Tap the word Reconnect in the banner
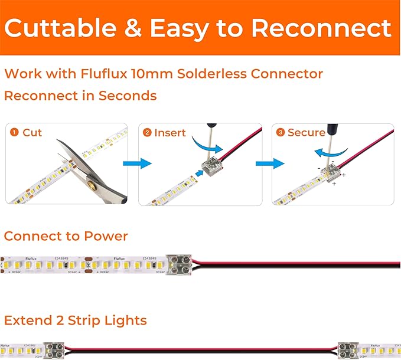click(319, 28)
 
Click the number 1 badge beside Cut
click(14, 133)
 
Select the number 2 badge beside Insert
click(146, 133)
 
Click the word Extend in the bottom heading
click(28, 320)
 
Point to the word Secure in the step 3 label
click(306, 133)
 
